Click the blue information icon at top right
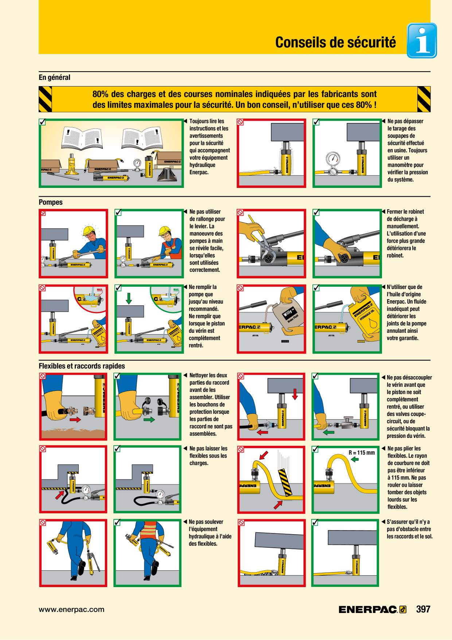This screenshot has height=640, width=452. (422, 41)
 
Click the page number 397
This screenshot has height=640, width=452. (423, 609)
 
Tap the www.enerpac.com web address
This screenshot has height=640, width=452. (71, 609)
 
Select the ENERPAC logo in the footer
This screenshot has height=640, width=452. (373, 609)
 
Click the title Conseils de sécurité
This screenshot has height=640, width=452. (335, 42)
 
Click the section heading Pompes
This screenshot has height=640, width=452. (51, 202)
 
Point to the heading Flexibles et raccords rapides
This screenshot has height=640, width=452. (82, 366)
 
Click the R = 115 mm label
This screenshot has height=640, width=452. (362, 453)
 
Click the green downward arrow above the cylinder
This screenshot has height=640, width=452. (129, 298)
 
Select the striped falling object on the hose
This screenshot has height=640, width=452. (285, 482)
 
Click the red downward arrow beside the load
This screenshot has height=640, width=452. (295, 394)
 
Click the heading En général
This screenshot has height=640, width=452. (54, 77)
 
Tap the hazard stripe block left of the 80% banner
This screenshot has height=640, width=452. (45, 99)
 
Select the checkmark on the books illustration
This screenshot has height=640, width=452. (42, 122)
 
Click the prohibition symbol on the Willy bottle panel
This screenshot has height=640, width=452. (240, 288)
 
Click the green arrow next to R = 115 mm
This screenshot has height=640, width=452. (355, 459)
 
